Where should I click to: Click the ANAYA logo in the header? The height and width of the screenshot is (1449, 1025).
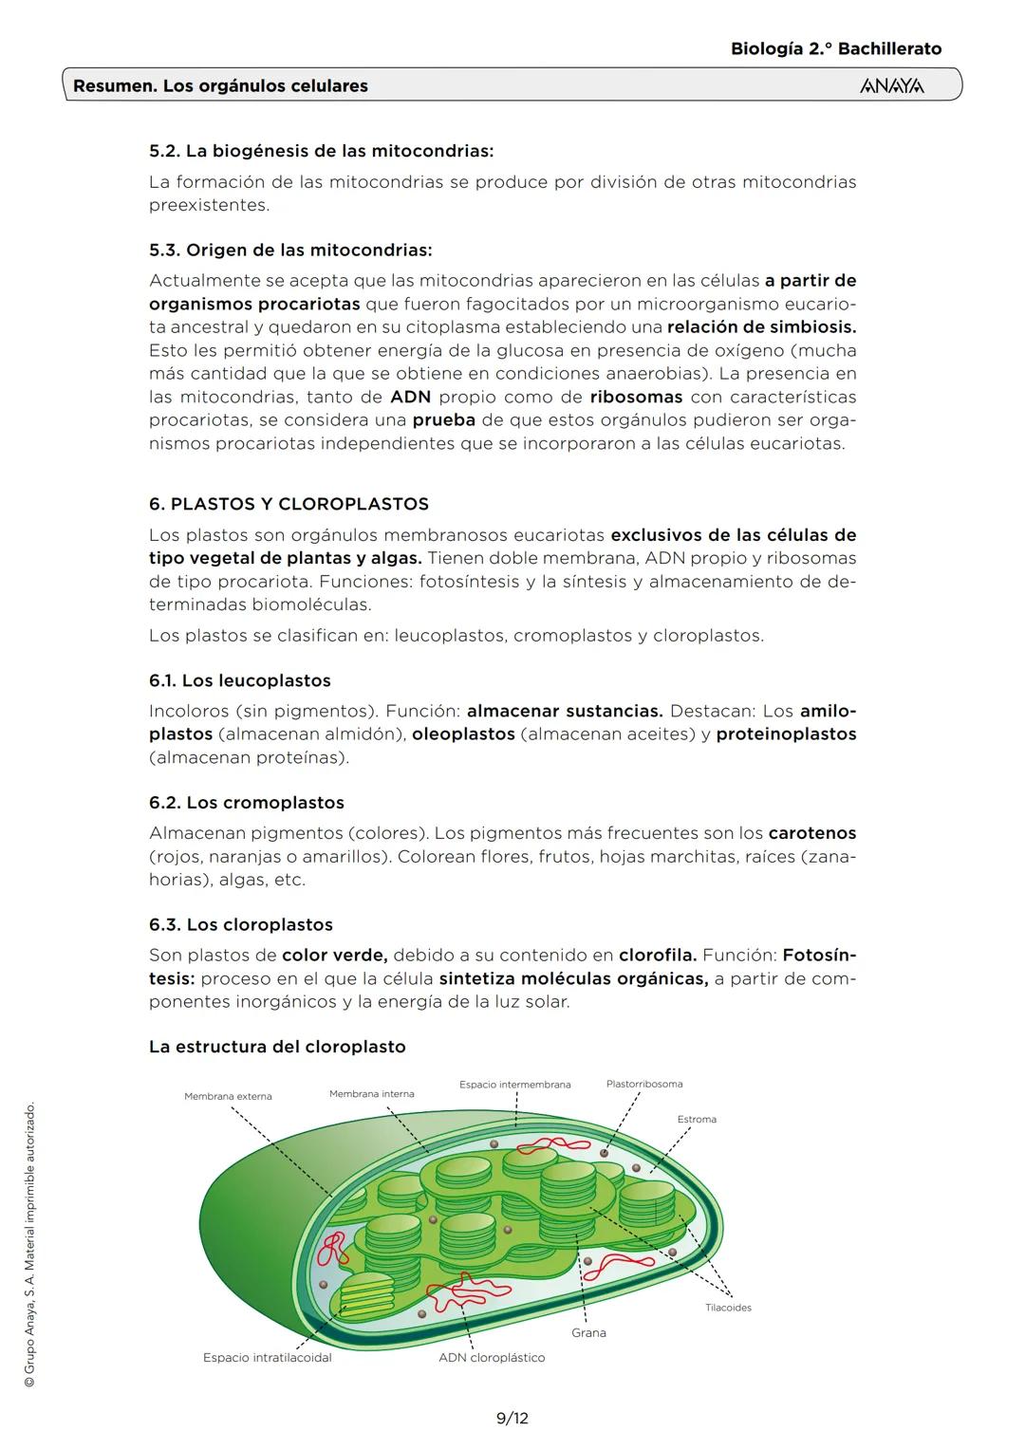pyautogui.click(x=891, y=86)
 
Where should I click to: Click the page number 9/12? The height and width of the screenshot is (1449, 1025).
pyautogui.click(x=512, y=1418)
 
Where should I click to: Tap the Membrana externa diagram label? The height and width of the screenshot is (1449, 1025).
pyautogui.click(x=228, y=1096)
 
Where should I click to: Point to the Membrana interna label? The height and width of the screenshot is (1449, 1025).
pyautogui.click(x=371, y=1093)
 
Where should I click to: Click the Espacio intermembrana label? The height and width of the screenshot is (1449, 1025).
pyautogui.click(x=514, y=1084)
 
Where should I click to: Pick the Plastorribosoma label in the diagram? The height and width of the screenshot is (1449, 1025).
pyautogui.click(x=643, y=1084)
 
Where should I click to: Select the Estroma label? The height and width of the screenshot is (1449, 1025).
pyautogui.click(x=697, y=1119)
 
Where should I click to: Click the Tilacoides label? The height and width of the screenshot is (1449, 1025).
pyautogui.click(x=728, y=1308)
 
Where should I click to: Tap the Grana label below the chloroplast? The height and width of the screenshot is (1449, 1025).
pyautogui.click(x=588, y=1332)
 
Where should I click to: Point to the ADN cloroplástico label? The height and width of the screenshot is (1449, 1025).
pyautogui.click(x=492, y=1357)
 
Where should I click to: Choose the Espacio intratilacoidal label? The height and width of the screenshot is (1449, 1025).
pyautogui.click(x=268, y=1357)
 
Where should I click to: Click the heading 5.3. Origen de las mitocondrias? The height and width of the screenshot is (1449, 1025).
pyautogui.click(x=290, y=251)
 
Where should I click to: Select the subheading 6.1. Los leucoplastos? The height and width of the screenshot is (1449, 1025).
pyautogui.click(x=240, y=680)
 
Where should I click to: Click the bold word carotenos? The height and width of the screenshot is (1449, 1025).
pyautogui.click(x=811, y=833)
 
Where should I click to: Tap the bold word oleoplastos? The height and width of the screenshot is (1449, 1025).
pyautogui.click(x=463, y=734)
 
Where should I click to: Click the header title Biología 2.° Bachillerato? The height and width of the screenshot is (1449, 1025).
pyautogui.click(x=836, y=48)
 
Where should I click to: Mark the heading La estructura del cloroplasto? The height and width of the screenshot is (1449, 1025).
pyautogui.click(x=277, y=1047)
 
